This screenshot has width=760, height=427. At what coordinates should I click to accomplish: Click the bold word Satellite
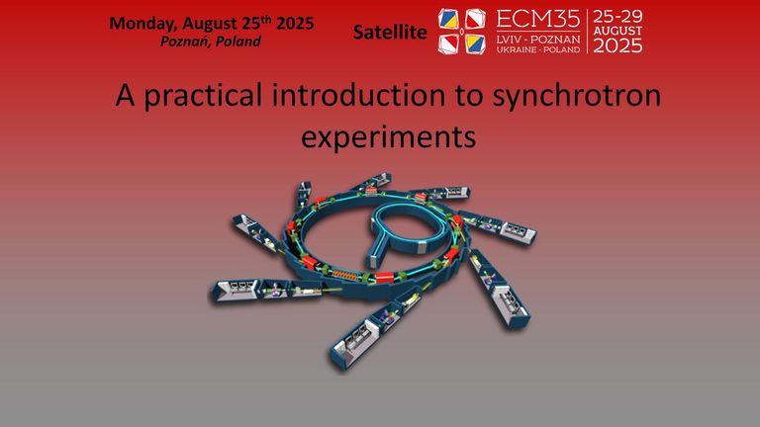click(390, 34)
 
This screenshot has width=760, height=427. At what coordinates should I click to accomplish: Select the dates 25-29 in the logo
click(617, 16)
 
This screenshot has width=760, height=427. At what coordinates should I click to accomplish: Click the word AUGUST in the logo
click(617, 31)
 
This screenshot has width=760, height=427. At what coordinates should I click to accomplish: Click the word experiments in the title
click(387, 137)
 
